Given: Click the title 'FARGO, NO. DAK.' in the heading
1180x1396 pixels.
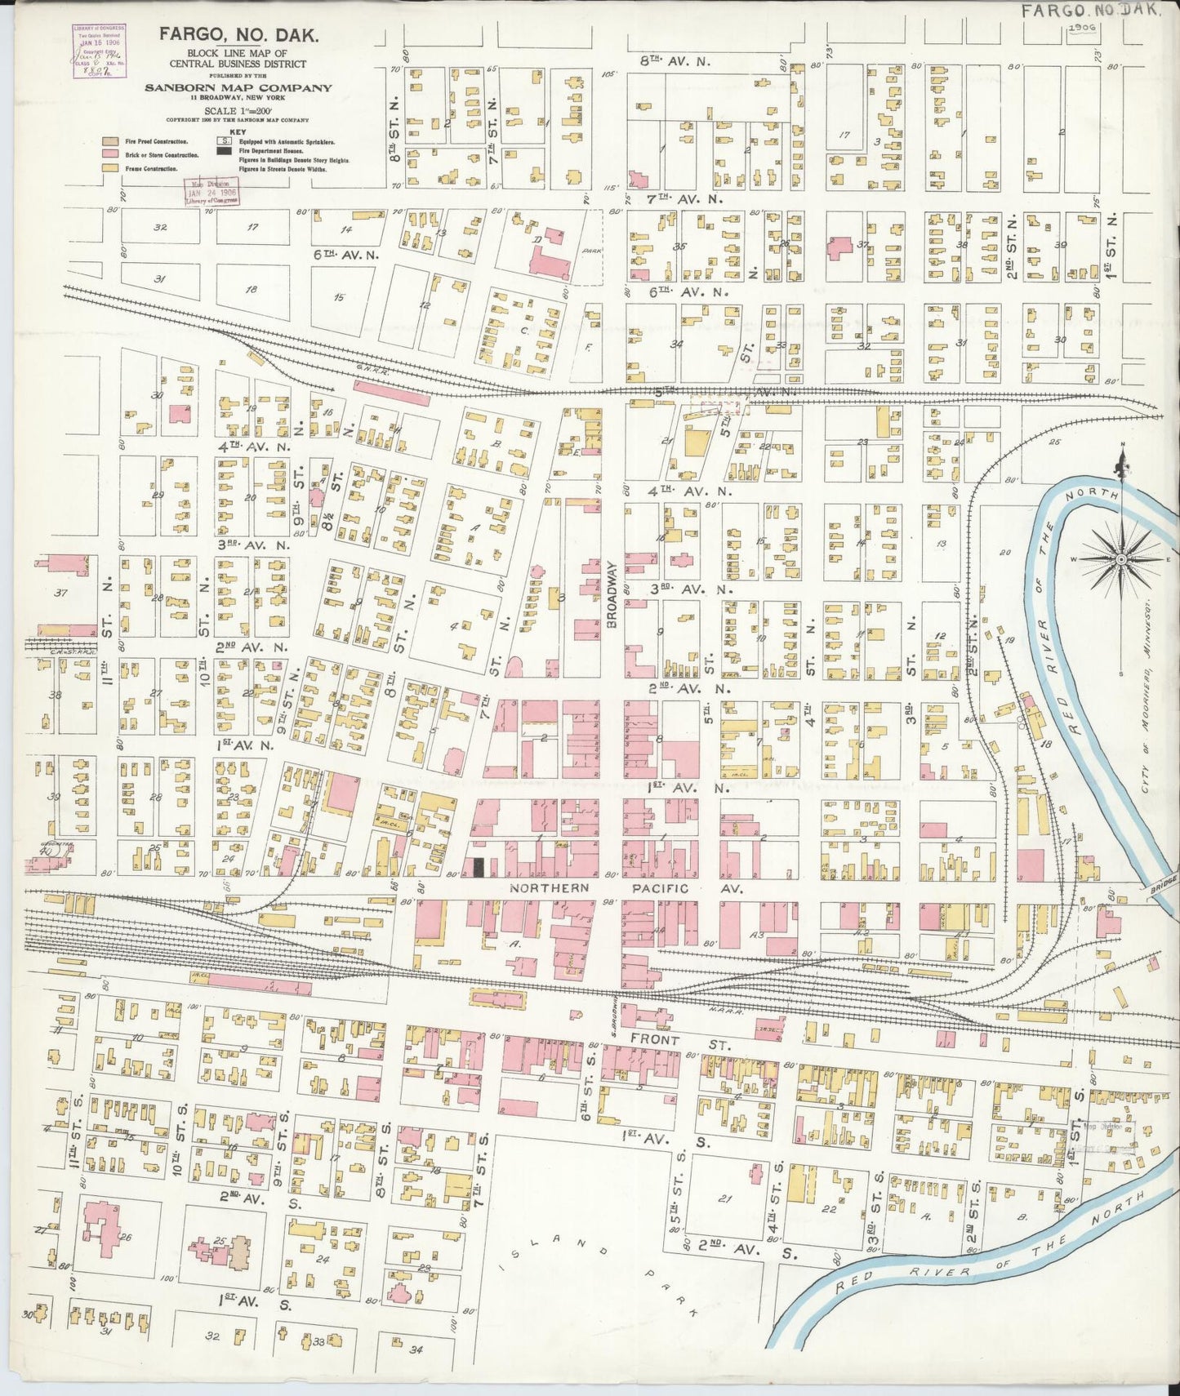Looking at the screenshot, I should [x=238, y=35].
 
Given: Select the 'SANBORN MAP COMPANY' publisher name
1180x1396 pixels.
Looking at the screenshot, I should [x=238, y=88].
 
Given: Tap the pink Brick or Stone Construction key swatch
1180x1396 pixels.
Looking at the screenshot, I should [x=108, y=154].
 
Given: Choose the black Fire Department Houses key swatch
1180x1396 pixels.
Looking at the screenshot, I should [x=223, y=151].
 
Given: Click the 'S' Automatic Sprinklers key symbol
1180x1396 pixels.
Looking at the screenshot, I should [x=223, y=140].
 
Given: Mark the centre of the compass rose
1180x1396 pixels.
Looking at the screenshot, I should [x=1121, y=559].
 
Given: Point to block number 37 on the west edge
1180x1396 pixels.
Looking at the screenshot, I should [x=60, y=593].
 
